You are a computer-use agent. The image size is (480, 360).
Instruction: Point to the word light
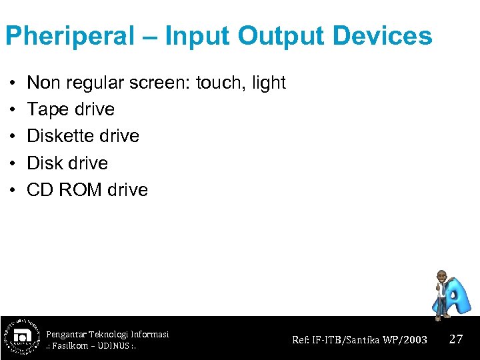(269, 83)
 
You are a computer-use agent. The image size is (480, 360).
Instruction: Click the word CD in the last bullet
(40, 189)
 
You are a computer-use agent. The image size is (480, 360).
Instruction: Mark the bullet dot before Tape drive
(13, 110)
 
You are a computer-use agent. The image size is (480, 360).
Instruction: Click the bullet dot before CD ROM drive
(13, 190)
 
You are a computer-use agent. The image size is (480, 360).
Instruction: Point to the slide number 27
(456, 339)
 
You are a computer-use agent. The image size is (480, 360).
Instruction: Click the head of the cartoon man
(441, 276)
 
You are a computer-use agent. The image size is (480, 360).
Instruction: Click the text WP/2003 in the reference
(406, 339)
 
